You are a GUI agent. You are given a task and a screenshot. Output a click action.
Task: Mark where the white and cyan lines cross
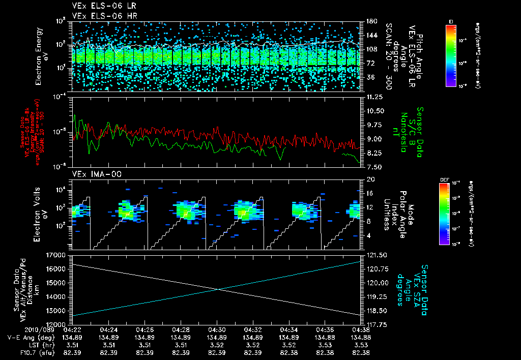(219, 289)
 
